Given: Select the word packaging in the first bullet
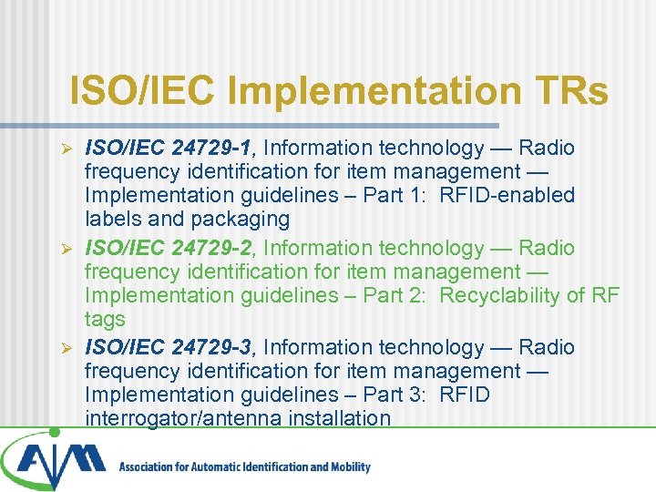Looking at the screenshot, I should (x=240, y=219).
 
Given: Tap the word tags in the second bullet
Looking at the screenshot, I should (x=105, y=319).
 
